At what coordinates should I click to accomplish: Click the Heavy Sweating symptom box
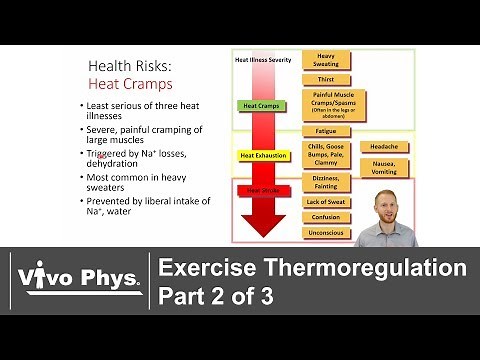point(326,61)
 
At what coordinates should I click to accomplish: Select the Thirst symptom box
point(326,80)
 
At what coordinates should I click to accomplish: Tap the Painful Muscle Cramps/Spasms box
point(326,103)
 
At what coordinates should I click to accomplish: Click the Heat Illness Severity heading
point(264,60)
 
